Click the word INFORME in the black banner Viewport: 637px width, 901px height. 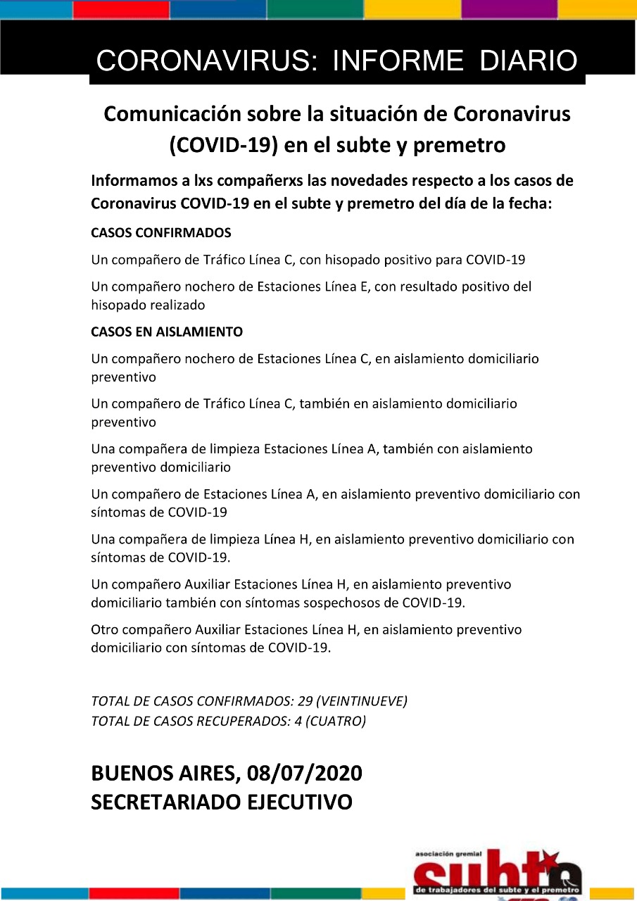click(398, 61)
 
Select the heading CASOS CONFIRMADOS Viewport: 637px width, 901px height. click(161, 232)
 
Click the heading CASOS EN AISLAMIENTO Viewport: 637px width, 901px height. click(167, 332)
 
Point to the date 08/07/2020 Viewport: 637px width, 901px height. click(305, 773)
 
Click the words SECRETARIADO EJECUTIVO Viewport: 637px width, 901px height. click(222, 802)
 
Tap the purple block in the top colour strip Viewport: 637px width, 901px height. click(509, 9)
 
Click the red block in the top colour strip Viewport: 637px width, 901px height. click(121, 9)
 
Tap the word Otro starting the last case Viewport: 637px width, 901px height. click(105, 629)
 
